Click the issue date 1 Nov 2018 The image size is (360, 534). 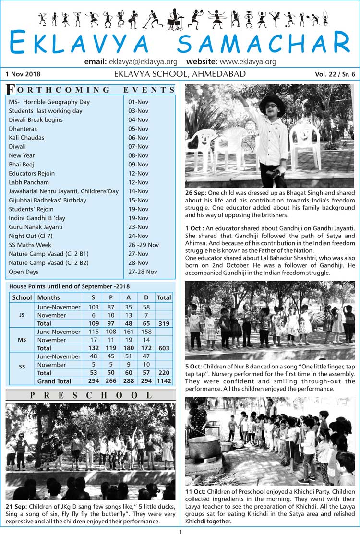pos(23,74)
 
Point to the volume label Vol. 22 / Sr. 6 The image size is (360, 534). pos(335,74)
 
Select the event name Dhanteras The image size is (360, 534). pos(23,129)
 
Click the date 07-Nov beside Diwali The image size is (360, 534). pos(138,146)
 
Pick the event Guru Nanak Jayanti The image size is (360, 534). pos(36,227)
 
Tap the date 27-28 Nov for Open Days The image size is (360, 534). pos(143,272)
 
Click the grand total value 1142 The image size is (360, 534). pos(164,381)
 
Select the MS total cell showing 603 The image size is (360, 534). pos(164,348)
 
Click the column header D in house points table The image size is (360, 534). pos(146,297)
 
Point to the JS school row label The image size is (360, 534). pos(22,315)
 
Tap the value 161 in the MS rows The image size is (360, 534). pos(128,332)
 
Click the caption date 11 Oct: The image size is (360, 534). pos(196,492)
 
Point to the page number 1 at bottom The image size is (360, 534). pos(180,531)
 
